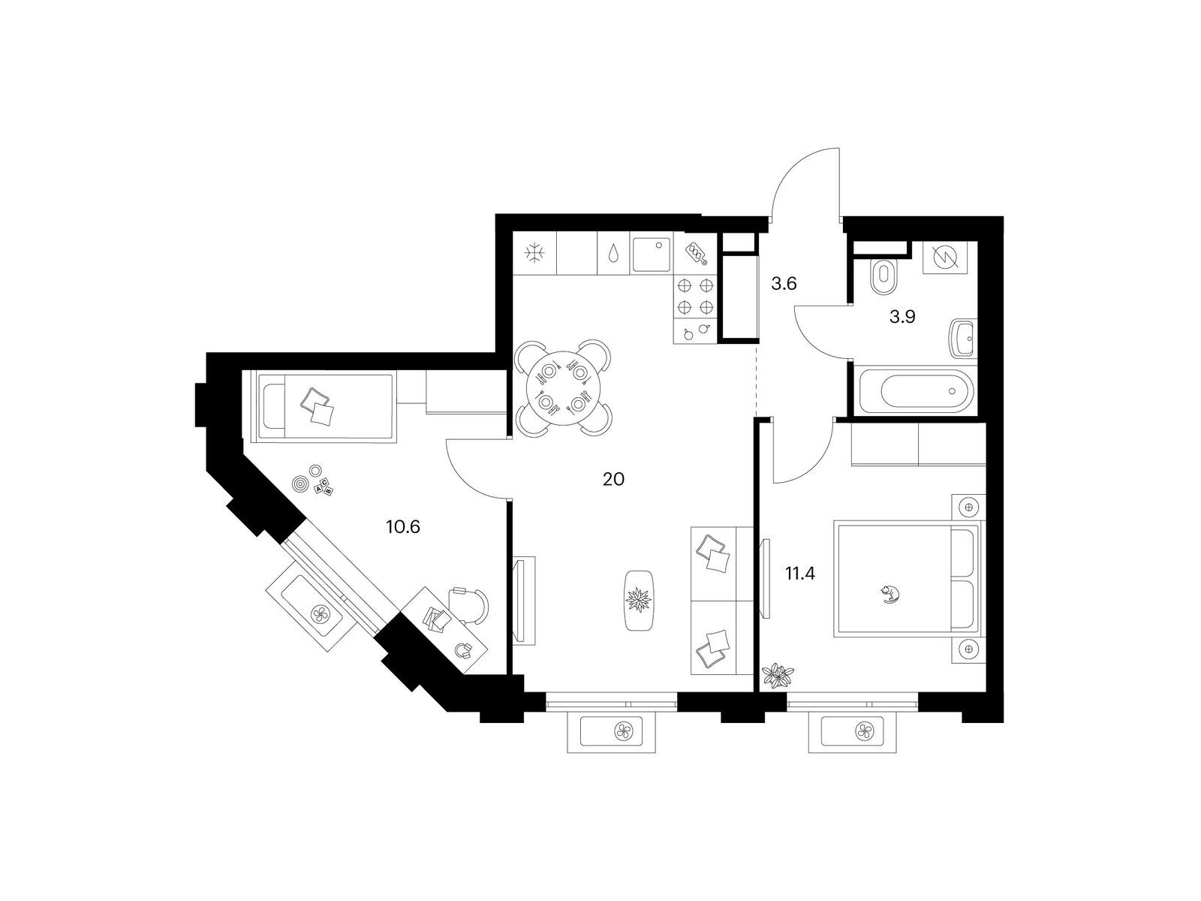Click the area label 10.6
coord(402,527)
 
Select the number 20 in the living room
coord(613,479)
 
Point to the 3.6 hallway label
coord(784,284)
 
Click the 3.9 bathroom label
coord(902,316)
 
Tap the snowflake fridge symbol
coord(534,253)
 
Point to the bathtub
coord(916,391)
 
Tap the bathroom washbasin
coord(963,339)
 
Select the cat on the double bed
coord(890,594)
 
